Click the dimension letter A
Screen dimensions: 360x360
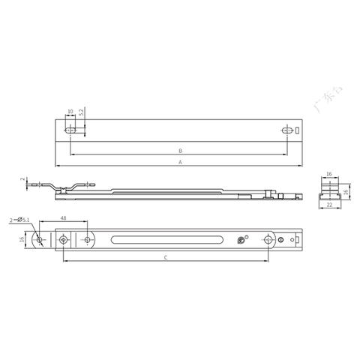pyautogui.click(x=181, y=162)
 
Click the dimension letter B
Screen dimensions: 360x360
pyautogui.click(x=181, y=150)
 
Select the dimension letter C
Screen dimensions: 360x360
pyautogui.click(x=165, y=257)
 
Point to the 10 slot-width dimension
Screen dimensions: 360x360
pyautogui.click(x=70, y=112)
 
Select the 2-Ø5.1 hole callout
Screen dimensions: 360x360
pyautogui.click(x=20, y=220)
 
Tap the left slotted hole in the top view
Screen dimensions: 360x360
pyautogui.click(x=71, y=130)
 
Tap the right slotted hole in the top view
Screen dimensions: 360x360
pyautogui.click(x=286, y=130)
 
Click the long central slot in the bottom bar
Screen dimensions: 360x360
pyautogui.click(x=166, y=240)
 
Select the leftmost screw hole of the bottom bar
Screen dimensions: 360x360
pyautogui.click(x=63, y=240)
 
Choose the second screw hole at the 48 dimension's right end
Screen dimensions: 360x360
pyautogui.click(x=88, y=240)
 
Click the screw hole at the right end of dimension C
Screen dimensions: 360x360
pyautogui.click(x=268, y=240)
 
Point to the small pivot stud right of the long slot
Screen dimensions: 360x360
pyautogui.click(x=240, y=241)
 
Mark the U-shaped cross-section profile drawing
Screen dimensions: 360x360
pyautogui.click(x=328, y=193)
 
